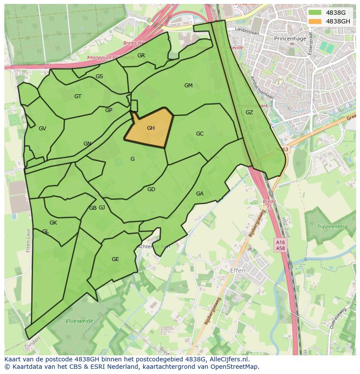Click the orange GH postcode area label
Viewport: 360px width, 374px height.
[x=151, y=128]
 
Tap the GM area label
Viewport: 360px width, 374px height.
[x=188, y=86]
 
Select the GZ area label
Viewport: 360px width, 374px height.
[x=249, y=113]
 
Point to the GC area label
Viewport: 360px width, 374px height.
[x=200, y=134]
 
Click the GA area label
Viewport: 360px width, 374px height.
[x=200, y=194]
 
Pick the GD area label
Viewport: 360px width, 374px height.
[x=151, y=189]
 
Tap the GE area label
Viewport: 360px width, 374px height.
[x=115, y=259]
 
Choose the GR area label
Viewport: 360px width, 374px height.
[x=141, y=56]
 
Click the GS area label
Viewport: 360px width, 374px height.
[x=99, y=76]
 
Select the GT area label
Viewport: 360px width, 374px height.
[x=78, y=96]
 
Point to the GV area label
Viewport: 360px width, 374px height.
[x=42, y=129]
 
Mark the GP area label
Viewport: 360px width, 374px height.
[x=109, y=110]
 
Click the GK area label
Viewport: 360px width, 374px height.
[x=53, y=223]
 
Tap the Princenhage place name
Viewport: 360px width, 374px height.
[x=290, y=38]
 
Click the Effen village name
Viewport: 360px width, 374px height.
[x=237, y=271]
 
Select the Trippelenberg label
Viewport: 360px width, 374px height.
[x=332, y=227]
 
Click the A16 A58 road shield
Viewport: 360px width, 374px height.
[x=280, y=245]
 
